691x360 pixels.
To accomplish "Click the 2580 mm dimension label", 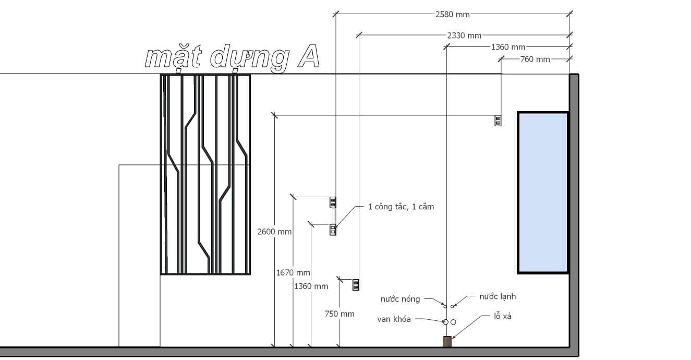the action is tap(452, 15).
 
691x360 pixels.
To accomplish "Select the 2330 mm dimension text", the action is tap(464, 35).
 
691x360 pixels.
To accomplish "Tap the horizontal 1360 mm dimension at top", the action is tap(508, 47).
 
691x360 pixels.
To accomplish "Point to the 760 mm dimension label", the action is tap(535, 59).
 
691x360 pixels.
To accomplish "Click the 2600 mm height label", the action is tap(274, 232).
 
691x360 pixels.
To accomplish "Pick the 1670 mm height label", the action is tap(293, 273).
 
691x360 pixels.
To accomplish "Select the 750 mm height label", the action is tap(340, 314).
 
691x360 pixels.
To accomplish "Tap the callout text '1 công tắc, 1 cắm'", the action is tap(401, 207).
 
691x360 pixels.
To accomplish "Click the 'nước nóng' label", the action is tap(400, 299).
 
